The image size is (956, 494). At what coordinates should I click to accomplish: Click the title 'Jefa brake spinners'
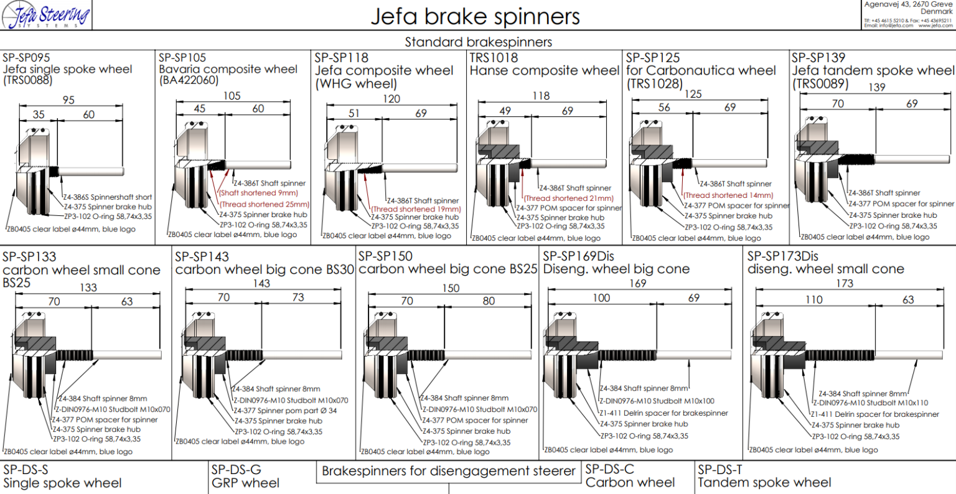pos(475,16)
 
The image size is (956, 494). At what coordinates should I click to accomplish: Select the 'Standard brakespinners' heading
pos(478,42)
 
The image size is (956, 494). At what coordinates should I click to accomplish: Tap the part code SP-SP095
pos(26,57)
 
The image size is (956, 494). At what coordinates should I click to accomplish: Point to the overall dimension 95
pos(68,100)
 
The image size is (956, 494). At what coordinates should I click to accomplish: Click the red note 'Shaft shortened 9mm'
pos(258,193)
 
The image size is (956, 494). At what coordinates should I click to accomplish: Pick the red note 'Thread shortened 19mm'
pos(416,209)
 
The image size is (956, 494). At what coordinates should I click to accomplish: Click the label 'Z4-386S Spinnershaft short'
pos(108,197)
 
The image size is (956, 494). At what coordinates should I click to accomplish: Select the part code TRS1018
pos(494,57)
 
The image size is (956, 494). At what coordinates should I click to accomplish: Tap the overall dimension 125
pos(693,94)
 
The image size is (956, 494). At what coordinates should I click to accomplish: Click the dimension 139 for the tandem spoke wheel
pos(876,87)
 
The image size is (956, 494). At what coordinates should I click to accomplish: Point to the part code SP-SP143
pos(202,256)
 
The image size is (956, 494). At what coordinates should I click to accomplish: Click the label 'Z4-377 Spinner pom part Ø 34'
pos(285,411)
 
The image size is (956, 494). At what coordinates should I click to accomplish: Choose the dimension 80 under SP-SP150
pos(489,301)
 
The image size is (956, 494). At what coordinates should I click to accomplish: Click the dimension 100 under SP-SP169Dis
pos(601,298)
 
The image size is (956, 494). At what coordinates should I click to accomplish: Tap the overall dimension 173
pos(845,284)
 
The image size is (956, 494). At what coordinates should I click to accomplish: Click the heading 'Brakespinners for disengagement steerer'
pos(448,472)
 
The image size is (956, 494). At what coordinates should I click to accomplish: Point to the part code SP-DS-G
pos(236,470)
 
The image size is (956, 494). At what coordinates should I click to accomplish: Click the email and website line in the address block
pos(907,26)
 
